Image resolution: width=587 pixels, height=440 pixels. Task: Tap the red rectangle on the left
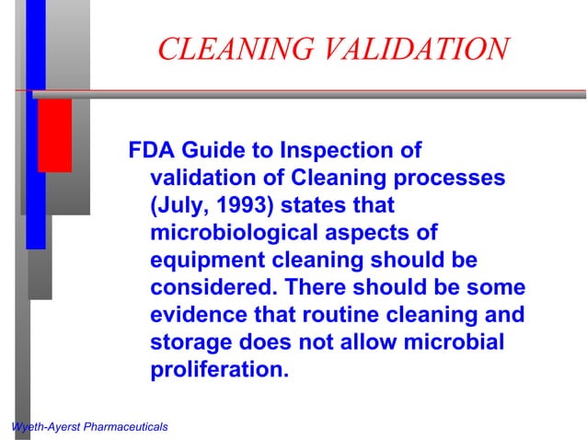point(54,134)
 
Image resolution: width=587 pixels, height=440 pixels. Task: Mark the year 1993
point(240,204)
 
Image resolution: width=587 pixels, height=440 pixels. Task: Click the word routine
point(328,315)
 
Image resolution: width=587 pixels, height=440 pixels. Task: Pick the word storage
point(188,342)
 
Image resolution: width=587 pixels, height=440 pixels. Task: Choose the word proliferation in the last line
point(219,371)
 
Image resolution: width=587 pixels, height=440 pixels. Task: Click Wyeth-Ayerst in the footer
point(40,427)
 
